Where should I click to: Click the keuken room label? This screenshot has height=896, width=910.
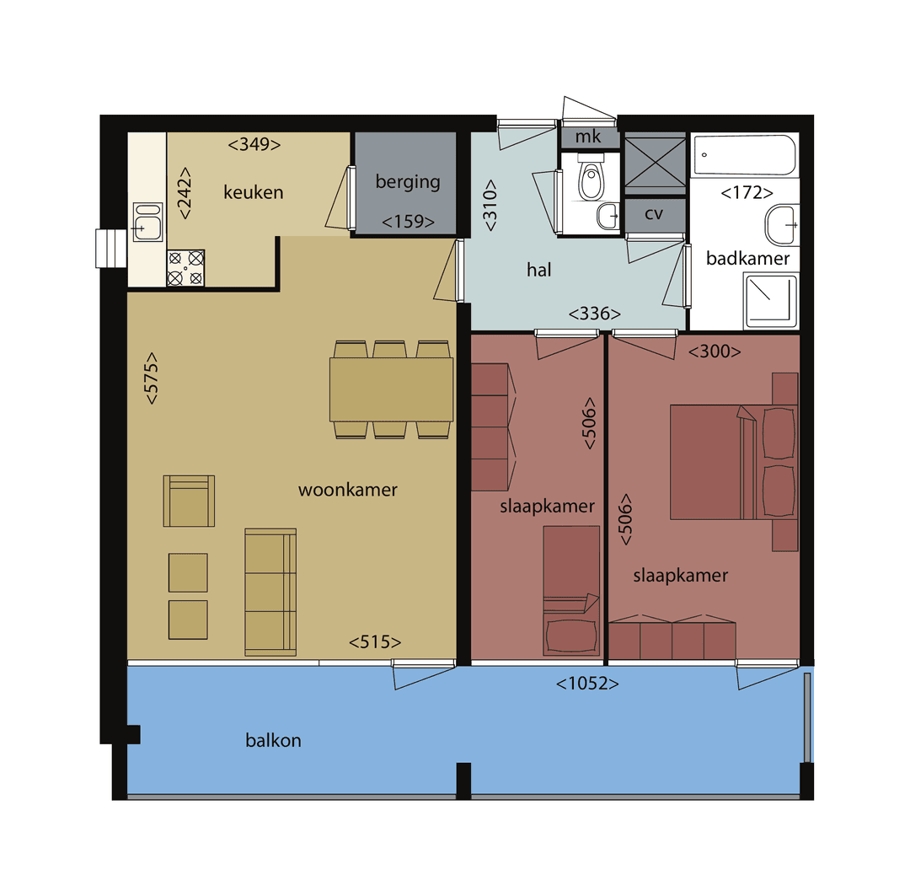point(253,192)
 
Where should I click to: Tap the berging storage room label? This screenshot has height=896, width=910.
point(408,181)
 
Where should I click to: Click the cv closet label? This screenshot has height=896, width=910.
point(653,213)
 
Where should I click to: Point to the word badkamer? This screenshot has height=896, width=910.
point(747,258)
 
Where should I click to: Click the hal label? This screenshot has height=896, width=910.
point(538,270)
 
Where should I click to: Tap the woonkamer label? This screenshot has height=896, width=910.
point(347,490)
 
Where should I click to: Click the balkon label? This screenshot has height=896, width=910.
point(273,741)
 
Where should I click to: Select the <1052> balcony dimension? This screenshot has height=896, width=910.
point(587,684)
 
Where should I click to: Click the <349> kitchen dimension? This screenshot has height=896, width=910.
point(254,144)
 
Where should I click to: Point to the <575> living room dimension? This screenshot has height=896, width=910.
point(152,378)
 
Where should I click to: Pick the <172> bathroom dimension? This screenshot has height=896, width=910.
point(747,193)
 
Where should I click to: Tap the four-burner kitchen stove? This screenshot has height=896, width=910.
point(185,268)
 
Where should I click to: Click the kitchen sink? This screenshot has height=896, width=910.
point(147,221)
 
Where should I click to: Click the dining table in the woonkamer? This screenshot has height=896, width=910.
point(391,389)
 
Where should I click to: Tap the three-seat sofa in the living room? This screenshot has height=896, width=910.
point(270,591)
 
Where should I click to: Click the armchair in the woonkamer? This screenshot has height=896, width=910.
point(189,501)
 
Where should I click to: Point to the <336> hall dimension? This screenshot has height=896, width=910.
point(594,314)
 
